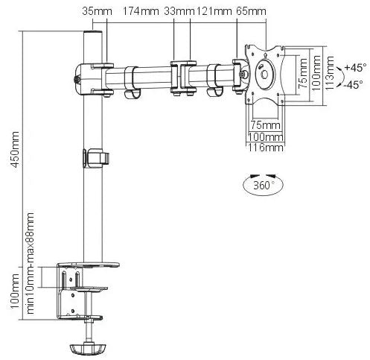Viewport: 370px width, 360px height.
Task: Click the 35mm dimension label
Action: [97, 11]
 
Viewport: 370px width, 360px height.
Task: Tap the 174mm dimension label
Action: [141, 11]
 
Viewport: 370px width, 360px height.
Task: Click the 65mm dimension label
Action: [251, 11]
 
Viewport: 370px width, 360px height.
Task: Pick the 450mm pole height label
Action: [15, 150]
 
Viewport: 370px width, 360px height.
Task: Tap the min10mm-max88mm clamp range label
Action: [30, 263]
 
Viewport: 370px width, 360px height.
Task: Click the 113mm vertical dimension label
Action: [329, 73]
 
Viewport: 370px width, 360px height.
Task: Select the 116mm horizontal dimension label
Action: [266, 148]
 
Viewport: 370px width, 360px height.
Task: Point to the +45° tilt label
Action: [355, 68]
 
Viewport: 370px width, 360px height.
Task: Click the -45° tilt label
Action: [354, 85]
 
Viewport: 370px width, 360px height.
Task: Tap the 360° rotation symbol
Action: [263, 184]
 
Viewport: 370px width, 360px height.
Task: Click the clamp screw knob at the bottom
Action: [88, 348]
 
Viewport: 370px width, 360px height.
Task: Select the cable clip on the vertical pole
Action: [96, 158]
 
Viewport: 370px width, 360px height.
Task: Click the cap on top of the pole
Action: [92, 33]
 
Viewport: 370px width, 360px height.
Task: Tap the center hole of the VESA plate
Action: [264, 74]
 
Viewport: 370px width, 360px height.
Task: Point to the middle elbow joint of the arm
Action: [183, 78]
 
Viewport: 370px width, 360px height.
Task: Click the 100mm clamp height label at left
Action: [15, 291]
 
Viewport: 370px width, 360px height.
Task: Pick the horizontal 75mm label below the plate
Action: [265, 125]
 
